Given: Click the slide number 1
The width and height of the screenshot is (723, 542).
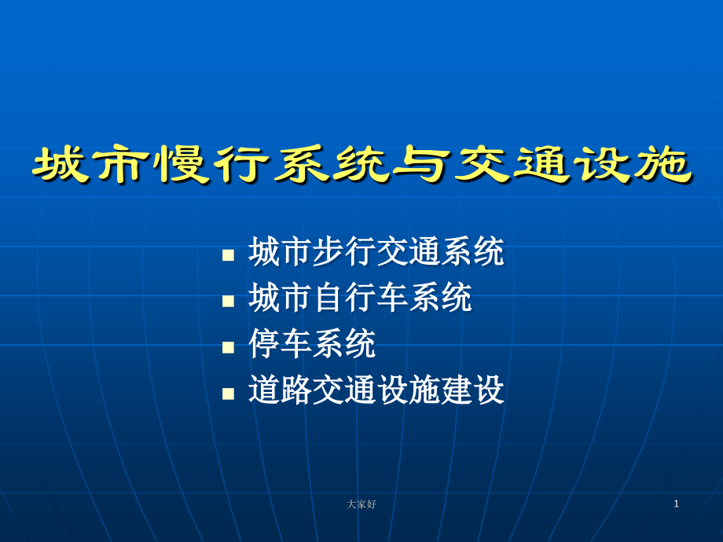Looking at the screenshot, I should (676, 504).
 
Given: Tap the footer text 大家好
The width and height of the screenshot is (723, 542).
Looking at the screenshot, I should (361, 504).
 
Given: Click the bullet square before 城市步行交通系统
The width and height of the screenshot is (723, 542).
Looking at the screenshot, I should (229, 256).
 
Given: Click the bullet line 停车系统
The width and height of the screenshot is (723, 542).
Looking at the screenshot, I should (312, 344).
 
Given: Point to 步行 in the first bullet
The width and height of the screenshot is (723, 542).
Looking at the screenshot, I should (344, 253).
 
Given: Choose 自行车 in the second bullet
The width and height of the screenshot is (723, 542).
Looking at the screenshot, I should (359, 298).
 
